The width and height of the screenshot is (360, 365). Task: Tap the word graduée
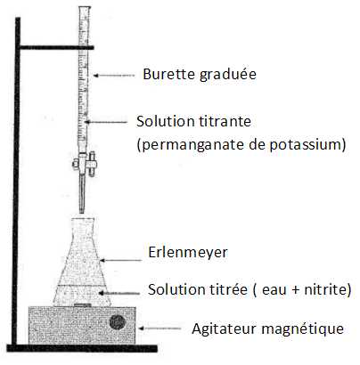(228, 75)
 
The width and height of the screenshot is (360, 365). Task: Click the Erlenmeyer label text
(188, 253)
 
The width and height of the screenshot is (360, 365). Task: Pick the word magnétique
(303, 328)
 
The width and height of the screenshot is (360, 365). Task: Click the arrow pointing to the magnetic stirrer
(160, 328)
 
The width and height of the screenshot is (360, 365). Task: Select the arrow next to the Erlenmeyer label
(120, 261)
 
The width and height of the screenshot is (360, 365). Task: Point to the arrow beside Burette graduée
(114, 76)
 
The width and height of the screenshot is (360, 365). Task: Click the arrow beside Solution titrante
(106, 122)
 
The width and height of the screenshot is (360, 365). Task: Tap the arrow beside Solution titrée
(119, 293)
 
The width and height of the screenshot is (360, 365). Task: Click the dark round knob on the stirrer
(118, 322)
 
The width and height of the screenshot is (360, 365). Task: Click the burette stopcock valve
(85, 163)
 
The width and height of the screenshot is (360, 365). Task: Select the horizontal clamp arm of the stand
(57, 47)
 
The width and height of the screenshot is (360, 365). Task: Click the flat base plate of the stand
(82, 348)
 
